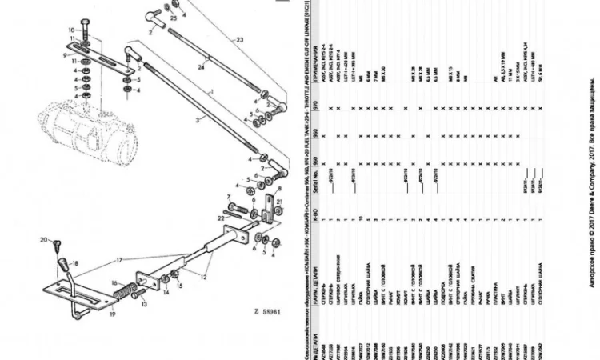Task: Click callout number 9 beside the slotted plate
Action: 66,57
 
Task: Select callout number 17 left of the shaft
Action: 121,260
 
